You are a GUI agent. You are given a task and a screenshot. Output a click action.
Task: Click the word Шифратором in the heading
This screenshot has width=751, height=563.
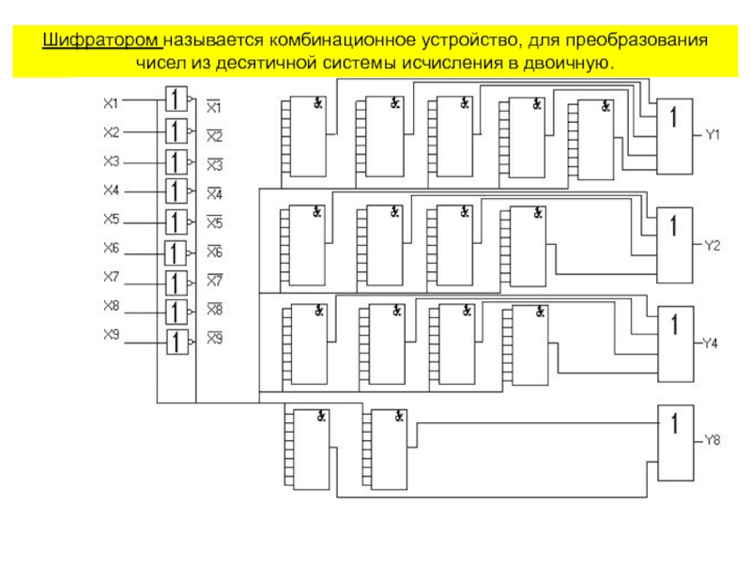pos(102,40)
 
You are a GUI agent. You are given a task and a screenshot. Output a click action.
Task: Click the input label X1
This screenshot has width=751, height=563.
pos(111,103)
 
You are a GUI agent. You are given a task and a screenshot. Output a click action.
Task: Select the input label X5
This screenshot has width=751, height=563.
pos(111,219)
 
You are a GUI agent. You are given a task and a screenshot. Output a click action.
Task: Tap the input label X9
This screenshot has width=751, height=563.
pos(111,334)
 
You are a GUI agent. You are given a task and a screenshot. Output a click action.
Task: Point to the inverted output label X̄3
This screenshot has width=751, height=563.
pos(215,165)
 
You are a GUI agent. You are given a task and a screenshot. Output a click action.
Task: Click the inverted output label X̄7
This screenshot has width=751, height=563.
pos(215,280)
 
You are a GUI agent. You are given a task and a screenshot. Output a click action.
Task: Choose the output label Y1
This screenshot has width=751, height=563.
pos(713,135)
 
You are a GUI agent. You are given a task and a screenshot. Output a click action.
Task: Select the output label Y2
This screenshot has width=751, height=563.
pos(713,246)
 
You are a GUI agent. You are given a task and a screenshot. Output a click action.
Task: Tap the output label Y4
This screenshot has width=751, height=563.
pos(710,343)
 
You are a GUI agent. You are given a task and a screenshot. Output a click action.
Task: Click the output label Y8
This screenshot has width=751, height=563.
pos(713,440)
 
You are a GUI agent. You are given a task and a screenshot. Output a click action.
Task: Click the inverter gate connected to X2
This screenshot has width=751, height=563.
pos(176,131)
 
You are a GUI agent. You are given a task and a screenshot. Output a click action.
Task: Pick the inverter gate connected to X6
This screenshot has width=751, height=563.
pos(176,253)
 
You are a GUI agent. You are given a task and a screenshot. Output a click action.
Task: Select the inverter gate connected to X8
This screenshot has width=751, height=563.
pos(176,312)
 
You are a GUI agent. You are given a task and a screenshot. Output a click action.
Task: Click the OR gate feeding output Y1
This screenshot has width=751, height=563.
pos(674,136)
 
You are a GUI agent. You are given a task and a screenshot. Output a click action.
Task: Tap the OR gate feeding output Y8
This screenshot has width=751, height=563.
pos(676,443)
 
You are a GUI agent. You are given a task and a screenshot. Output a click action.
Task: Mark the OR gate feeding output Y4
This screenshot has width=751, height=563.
pos(676,344)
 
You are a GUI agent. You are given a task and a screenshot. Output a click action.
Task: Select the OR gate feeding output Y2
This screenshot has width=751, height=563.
pos(674,245)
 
